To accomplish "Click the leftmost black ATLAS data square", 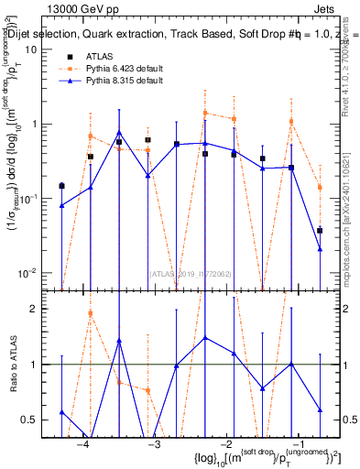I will (61, 186).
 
